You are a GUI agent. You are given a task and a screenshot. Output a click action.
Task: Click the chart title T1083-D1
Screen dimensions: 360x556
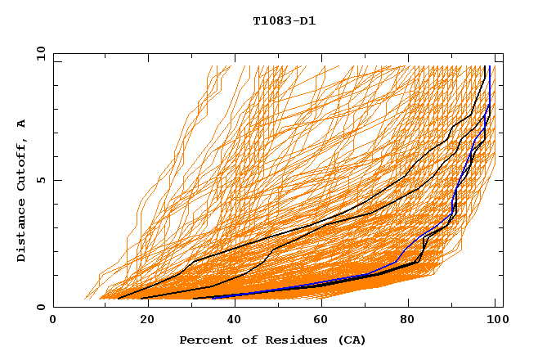coord(284,20)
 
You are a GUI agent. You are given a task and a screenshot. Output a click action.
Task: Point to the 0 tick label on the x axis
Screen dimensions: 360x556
coord(53,321)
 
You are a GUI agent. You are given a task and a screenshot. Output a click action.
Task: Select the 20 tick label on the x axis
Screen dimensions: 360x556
coord(142,321)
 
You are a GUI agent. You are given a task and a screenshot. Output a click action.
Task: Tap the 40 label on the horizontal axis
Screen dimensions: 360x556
coord(231,321)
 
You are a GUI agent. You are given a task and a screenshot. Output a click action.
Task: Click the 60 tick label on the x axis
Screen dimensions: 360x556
coord(320,321)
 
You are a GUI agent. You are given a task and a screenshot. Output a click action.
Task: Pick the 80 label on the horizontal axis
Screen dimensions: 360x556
coord(408,321)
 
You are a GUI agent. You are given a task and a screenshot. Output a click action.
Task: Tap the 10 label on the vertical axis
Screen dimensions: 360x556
coord(38,53)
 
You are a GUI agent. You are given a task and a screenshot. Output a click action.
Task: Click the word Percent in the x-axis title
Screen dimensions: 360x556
coord(204,340)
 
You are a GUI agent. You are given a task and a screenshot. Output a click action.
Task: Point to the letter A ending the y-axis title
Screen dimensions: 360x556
coord(22,124)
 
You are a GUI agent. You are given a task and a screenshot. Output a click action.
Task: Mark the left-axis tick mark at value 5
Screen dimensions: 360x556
coord(56,180)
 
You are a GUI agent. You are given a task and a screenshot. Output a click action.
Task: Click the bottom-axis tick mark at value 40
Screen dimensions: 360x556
coord(231,304)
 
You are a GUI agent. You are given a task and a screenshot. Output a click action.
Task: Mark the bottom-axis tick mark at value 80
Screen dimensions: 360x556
coord(408,304)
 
